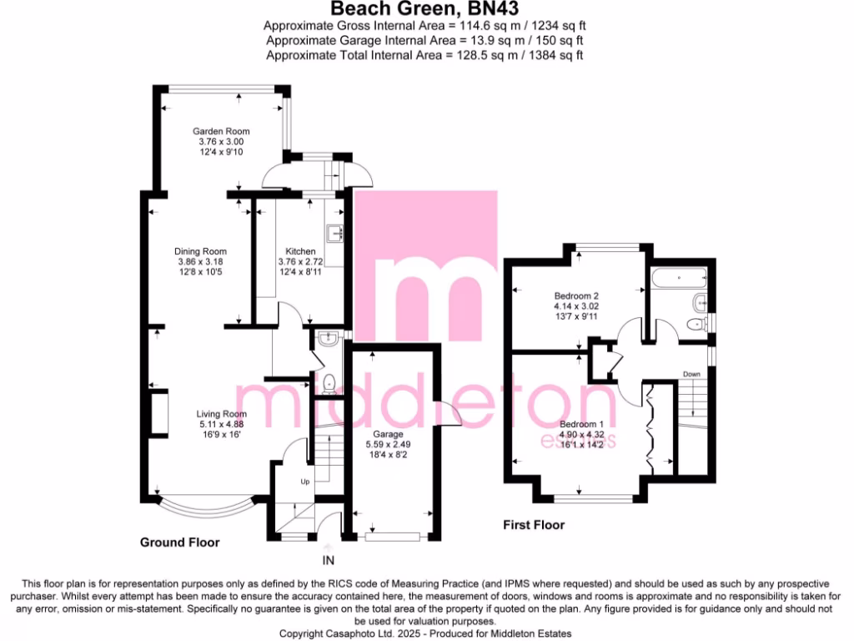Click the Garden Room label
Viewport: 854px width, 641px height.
coord(221,131)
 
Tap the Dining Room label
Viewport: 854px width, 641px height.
coord(200,251)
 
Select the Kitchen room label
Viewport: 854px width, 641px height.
coord(300,251)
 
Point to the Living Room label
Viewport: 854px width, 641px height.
coord(221,414)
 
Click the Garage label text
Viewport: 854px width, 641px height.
coord(389,435)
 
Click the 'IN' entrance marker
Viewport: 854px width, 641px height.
coord(329,560)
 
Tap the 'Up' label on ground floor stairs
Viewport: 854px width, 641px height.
coord(305,482)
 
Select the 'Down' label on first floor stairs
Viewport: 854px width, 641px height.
coord(691,374)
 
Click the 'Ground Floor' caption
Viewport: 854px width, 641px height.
coord(179,543)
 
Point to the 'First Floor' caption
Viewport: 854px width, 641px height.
coord(533,525)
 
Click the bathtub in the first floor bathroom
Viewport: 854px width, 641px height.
coord(681,277)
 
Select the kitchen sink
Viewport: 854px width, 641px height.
coord(337,233)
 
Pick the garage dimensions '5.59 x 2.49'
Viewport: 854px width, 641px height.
coord(389,446)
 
